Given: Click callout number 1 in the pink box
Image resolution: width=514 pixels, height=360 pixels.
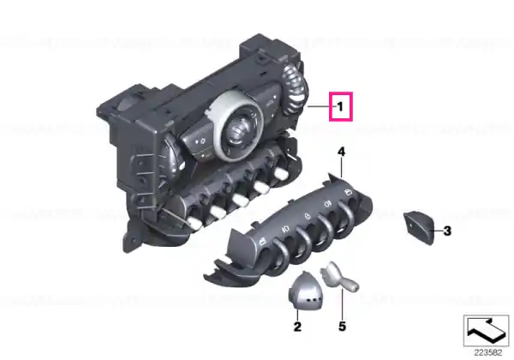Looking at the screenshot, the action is click(x=340, y=106).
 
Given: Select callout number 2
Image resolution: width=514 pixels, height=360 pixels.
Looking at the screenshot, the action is click(x=297, y=327).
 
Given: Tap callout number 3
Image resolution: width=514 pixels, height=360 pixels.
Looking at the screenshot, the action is click(x=447, y=231).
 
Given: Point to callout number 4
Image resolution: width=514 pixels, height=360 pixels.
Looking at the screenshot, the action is click(x=341, y=152).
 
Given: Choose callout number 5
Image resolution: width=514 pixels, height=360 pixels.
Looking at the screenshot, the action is click(x=342, y=327).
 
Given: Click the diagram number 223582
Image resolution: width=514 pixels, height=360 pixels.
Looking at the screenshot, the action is click(x=488, y=353).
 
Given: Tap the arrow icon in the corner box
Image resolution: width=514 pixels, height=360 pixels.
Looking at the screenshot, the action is click(x=486, y=331).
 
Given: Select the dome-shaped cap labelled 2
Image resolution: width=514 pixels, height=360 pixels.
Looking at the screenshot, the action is click(x=305, y=291).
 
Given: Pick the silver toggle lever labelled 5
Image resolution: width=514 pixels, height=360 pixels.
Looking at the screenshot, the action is click(x=339, y=277).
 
